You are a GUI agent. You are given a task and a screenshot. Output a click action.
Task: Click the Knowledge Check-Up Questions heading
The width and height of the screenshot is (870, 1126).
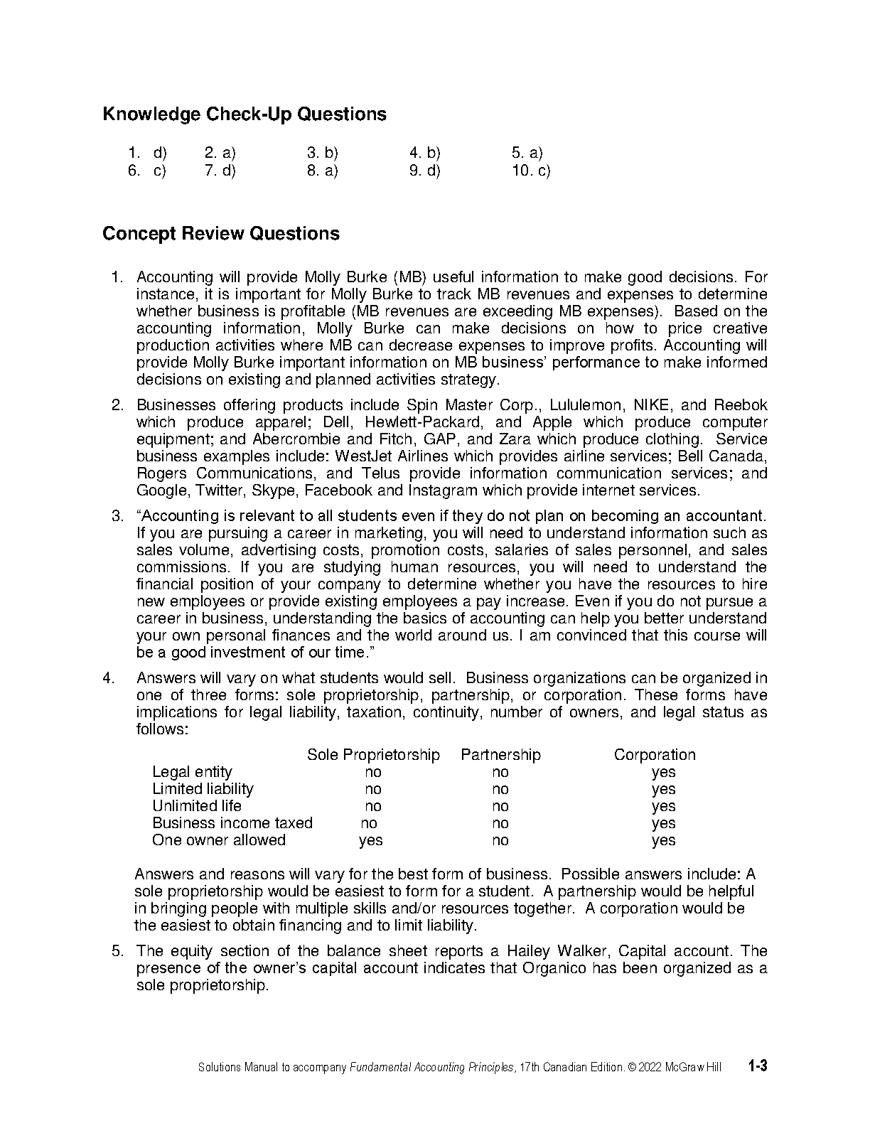245,114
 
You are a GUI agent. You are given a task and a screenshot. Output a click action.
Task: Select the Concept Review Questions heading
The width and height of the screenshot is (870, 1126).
221,234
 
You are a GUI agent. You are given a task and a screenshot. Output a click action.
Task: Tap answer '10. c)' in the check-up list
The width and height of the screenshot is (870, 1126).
531,171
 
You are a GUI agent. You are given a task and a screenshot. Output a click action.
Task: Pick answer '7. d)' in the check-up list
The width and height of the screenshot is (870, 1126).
220,171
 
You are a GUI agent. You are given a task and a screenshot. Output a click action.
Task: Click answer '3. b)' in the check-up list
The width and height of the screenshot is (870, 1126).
323,152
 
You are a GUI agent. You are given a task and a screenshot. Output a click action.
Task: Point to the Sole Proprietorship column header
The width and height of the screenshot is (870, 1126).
373,755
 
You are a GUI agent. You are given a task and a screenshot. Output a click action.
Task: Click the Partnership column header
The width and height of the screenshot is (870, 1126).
500,755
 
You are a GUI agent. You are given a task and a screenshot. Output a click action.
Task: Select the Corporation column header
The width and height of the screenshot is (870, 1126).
655,755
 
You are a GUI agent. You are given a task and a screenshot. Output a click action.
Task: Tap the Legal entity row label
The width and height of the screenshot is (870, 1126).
192,772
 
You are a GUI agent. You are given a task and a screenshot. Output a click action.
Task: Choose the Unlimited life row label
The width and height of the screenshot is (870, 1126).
197,806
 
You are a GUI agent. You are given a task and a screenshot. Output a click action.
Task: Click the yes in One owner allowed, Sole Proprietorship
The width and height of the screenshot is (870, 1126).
371,840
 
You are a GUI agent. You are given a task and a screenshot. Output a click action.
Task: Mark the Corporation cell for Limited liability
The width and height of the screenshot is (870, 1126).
663,789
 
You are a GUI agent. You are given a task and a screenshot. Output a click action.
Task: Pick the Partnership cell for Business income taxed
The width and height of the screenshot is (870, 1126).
500,823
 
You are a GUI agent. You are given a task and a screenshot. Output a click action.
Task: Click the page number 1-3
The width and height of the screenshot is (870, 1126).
758,1066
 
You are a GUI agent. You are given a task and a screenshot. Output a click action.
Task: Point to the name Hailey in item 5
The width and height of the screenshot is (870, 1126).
530,951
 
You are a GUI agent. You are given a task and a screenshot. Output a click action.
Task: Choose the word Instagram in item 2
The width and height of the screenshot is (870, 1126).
443,490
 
